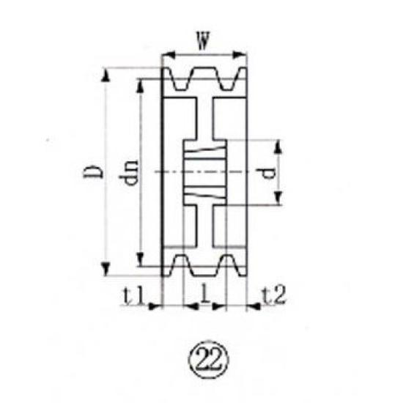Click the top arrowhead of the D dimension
click(108, 74)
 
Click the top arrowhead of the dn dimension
click(141, 83)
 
